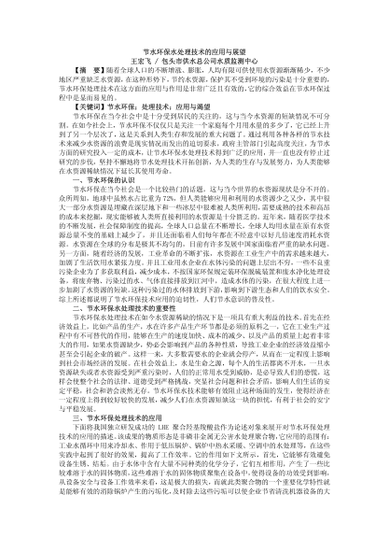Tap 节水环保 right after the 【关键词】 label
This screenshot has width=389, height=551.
tap(108, 132)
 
